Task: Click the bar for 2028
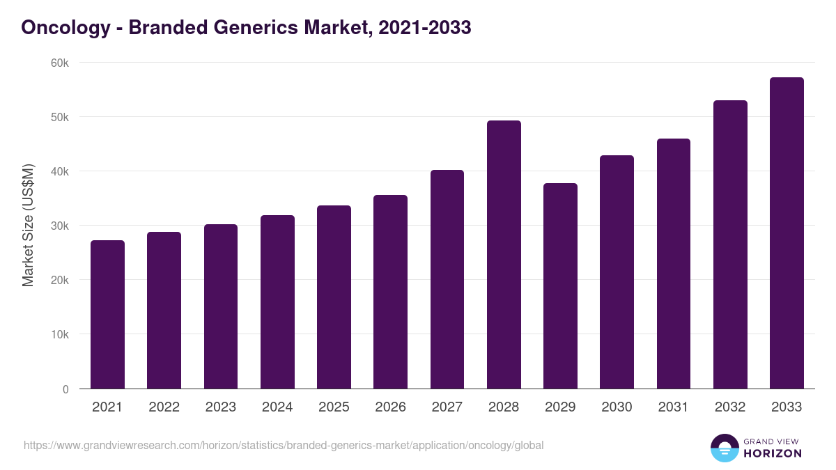click(x=504, y=255)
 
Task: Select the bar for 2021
click(x=107, y=315)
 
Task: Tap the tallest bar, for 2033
click(x=787, y=233)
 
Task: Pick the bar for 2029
click(x=560, y=286)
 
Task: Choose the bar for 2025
click(x=334, y=297)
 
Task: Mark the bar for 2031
click(x=674, y=264)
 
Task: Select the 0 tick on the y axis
click(x=65, y=389)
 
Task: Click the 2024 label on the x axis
click(x=277, y=407)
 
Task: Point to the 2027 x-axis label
click(x=447, y=407)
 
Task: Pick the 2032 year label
click(x=730, y=407)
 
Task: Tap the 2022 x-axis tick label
click(x=164, y=407)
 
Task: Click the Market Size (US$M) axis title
click(x=28, y=226)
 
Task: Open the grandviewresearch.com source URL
click(x=284, y=446)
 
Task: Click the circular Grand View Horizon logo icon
click(x=724, y=448)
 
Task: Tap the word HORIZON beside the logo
click(x=772, y=453)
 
